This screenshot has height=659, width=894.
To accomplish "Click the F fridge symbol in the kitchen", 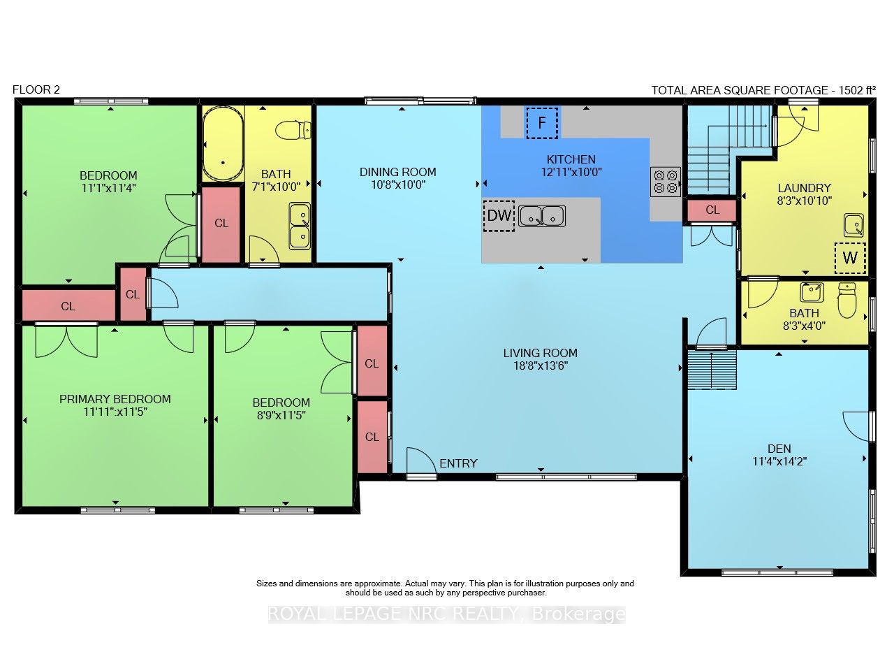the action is (x=542, y=123).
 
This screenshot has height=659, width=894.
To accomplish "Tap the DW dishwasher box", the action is (x=499, y=216).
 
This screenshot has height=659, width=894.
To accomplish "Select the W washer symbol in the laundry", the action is (x=850, y=258).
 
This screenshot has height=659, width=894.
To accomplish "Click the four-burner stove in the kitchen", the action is (x=666, y=182).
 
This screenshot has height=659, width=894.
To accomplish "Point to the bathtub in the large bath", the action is (x=223, y=144).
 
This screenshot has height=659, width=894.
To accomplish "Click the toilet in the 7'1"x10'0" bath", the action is (x=293, y=130).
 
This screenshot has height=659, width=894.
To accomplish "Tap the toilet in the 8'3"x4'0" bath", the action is (x=847, y=300).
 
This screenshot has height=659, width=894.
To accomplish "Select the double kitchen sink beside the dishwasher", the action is (x=542, y=216).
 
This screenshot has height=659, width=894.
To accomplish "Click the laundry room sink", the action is (x=853, y=225).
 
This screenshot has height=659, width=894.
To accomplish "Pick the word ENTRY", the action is (x=458, y=463).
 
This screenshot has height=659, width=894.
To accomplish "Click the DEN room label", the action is (x=779, y=449).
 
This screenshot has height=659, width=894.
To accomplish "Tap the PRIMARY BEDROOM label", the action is (x=115, y=399).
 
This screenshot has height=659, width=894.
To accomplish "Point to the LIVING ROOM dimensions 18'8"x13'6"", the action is (x=541, y=365).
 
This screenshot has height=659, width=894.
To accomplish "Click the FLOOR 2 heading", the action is (x=36, y=90).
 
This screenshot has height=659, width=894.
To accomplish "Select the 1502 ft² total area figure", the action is (x=857, y=90).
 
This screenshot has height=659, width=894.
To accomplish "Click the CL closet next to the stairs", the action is (x=712, y=210).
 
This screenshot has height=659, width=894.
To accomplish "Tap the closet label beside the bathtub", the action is (x=221, y=223).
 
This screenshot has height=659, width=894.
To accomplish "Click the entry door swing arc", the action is (x=425, y=456).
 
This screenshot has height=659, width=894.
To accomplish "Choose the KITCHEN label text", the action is (x=571, y=159).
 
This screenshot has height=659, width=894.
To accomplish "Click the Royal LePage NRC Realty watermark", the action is (x=446, y=614).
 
